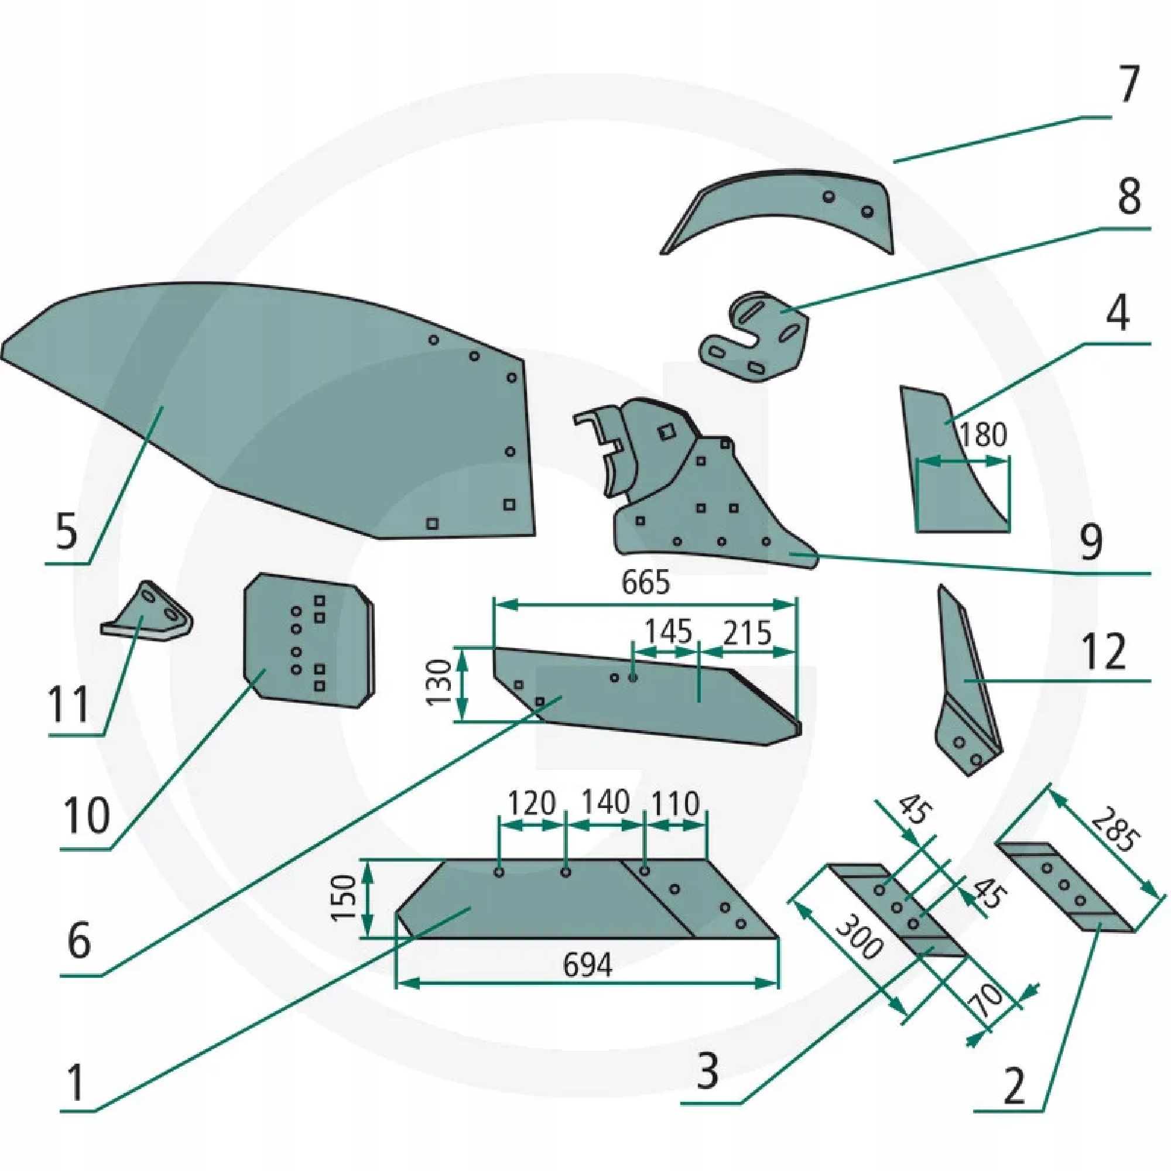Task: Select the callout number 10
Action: click(87, 815)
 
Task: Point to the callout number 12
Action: click(1103, 652)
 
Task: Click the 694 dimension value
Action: click(587, 964)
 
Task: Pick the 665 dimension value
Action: click(646, 583)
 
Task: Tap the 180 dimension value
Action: click(983, 434)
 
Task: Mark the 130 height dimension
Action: click(440, 683)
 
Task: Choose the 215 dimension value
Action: click(747, 633)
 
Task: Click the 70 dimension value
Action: click(987, 1001)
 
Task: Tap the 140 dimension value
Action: click(605, 803)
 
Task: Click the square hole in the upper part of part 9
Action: click(667, 431)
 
